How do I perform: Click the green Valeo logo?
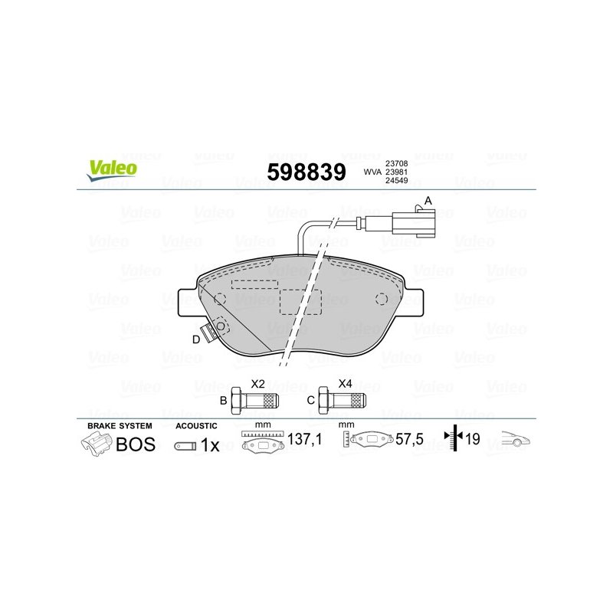tap(113, 171)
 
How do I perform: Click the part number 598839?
tap(306, 172)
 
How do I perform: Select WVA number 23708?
tap(396, 163)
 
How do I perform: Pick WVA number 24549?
tap(396, 180)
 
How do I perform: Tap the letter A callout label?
tap(428, 201)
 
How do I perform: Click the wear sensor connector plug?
tap(414, 223)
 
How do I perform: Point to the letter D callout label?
tap(196, 339)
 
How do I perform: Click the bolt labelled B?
tap(254, 400)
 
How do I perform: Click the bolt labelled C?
tap(342, 400)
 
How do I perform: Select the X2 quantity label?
tap(257, 384)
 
